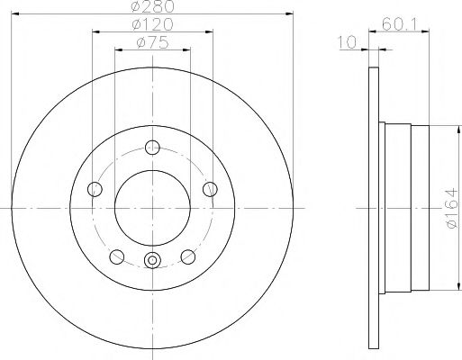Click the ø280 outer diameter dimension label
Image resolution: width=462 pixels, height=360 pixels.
(151, 8)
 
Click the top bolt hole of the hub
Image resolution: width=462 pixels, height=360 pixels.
(151, 148)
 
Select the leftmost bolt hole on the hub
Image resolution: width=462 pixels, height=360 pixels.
(94, 189)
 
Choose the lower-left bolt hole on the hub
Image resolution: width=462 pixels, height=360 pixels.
(115, 256)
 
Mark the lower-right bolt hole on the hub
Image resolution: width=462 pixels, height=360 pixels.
(187, 256)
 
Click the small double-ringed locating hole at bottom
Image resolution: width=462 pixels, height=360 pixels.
(151, 262)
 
